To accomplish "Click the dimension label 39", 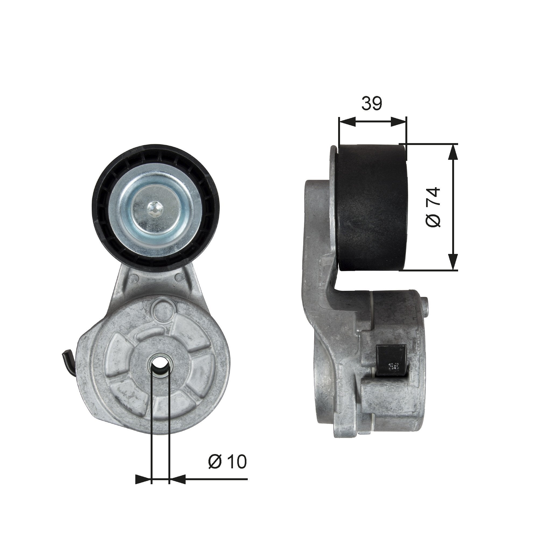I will [x=372, y=104].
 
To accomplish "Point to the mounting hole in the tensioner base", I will [x=160, y=364].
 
